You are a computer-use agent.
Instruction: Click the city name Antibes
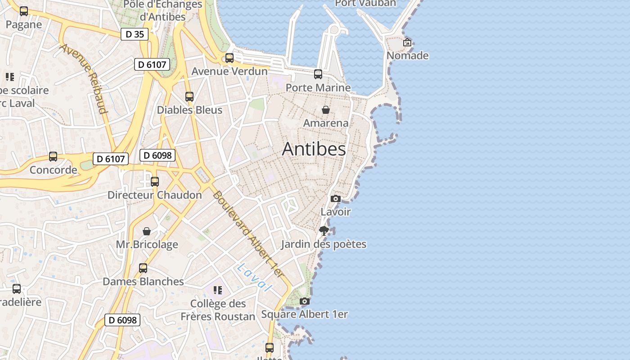pyautogui.click(x=314, y=149)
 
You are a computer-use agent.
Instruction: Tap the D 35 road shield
pyautogui.click(x=135, y=34)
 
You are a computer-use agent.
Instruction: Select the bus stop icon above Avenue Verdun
pyautogui.click(x=229, y=58)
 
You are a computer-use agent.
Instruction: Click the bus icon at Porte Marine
pyautogui.click(x=318, y=74)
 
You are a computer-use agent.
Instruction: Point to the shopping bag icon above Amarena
pyautogui.click(x=326, y=109)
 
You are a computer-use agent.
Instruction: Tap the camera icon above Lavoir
pyautogui.click(x=335, y=198)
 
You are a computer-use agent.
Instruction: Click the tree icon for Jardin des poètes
pyautogui.click(x=324, y=231)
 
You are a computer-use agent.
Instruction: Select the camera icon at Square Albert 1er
pyautogui.click(x=305, y=301)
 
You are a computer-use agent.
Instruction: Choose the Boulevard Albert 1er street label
pyautogui.click(x=250, y=234)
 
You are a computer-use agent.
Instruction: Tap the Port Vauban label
pyautogui.click(x=365, y=3)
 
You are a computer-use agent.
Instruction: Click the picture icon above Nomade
pyautogui.click(x=407, y=43)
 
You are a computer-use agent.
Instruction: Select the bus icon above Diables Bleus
pyautogui.click(x=189, y=97)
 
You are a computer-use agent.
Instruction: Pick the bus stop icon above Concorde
pyautogui.click(x=53, y=157)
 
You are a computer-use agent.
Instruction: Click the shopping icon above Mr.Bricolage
pyautogui.click(x=147, y=231)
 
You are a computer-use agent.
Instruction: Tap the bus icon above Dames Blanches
pyautogui.click(x=143, y=268)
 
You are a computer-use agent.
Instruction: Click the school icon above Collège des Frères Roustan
pyautogui.click(x=218, y=290)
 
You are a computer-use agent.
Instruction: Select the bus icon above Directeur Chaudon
pyautogui.click(x=155, y=182)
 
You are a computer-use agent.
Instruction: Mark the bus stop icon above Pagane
pyautogui.click(x=24, y=11)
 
